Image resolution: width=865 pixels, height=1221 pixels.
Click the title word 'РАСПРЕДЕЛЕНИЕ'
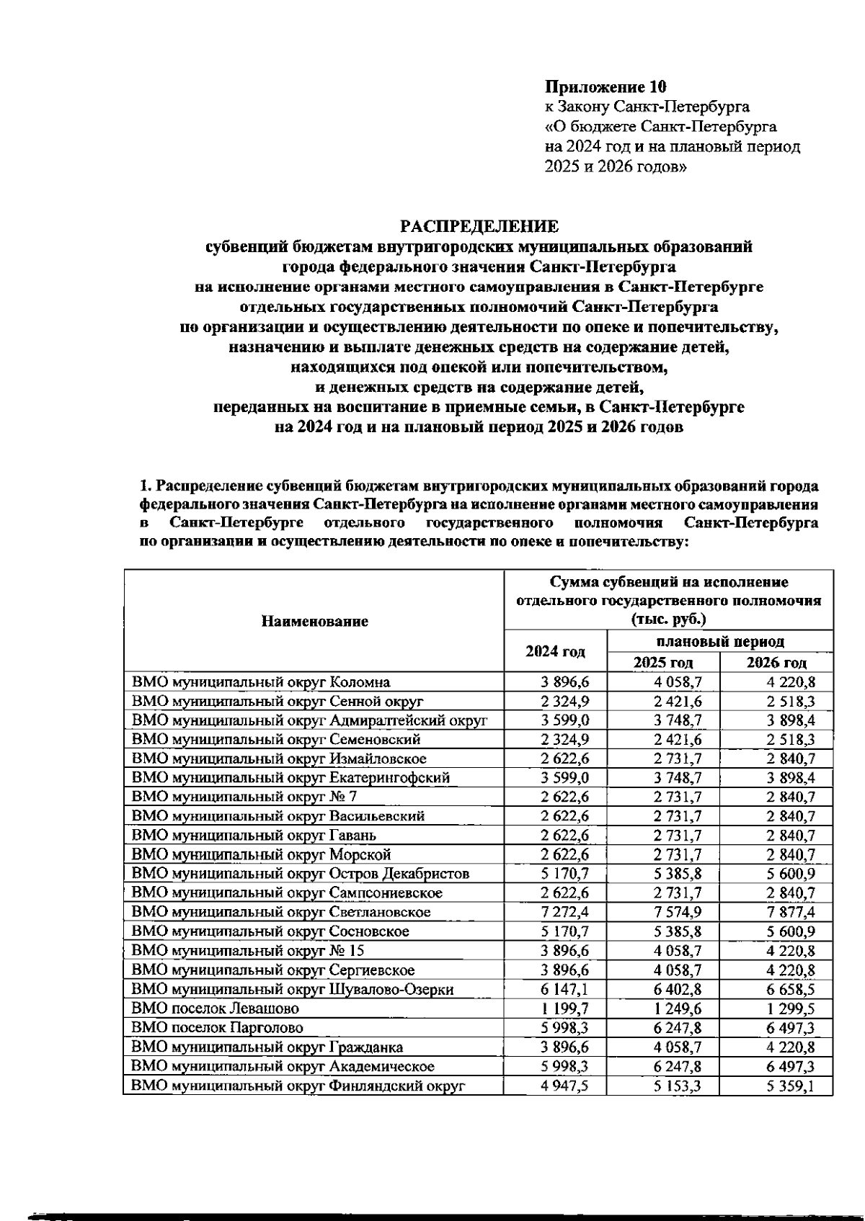(x=479, y=227)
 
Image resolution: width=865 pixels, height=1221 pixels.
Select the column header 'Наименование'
(x=314, y=621)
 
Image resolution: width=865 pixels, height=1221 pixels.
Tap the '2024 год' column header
(x=555, y=651)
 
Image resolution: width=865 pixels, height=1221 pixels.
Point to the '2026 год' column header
(x=776, y=663)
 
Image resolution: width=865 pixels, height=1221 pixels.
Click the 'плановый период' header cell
(x=720, y=640)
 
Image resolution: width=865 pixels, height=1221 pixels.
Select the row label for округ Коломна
(x=261, y=681)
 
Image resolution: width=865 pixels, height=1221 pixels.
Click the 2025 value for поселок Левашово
(x=677, y=1008)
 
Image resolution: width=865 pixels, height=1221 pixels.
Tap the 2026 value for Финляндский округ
(x=791, y=1086)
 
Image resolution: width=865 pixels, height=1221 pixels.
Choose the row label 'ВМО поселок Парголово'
(x=217, y=1027)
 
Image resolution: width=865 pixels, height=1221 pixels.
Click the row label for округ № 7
(x=244, y=797)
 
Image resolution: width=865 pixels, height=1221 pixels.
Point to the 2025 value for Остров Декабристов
(x=677, y=874)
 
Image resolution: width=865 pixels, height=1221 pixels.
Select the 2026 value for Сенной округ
(x=791, y=701)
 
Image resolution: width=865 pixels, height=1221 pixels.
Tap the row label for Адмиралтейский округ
(x=309, y=720)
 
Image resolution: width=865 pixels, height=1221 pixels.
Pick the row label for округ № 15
(x=248, y=951)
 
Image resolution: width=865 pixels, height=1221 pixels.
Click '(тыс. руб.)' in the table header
(x=668, y=620)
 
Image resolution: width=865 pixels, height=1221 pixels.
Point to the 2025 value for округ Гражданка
(x=677, y=1047)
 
